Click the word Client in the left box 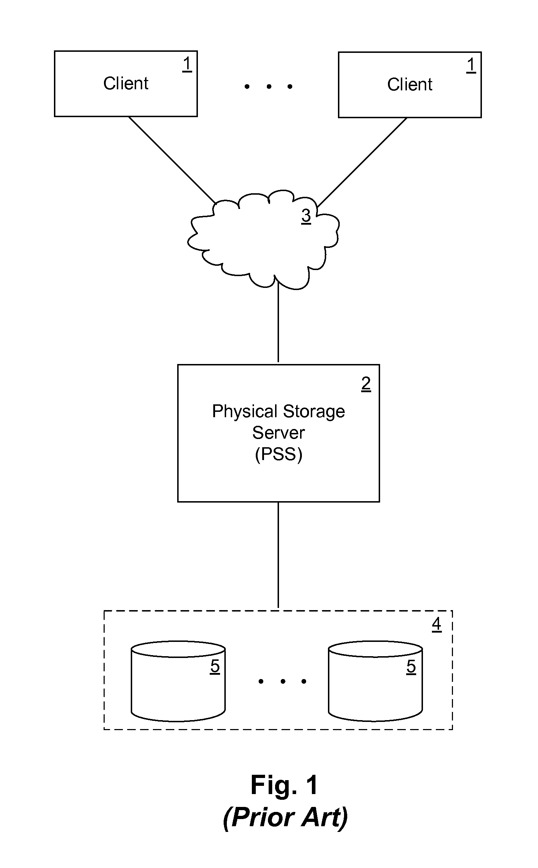[x=126, y=84]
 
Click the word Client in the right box [x=410, y=85]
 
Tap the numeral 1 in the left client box [x=187, y=65]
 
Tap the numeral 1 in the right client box [x=471, y=66]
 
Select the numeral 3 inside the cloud [x=306, y=216]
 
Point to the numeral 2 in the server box [x=366, y=384]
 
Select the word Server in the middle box [x=278, y=433]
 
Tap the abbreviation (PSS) [x=278, y=454]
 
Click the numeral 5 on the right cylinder [x=411, y=666]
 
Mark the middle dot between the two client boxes [x=269, y=86]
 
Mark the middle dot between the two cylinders [x=283, y=682]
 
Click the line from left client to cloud [x=171, y=160]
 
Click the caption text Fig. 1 [x=284, y=785]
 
